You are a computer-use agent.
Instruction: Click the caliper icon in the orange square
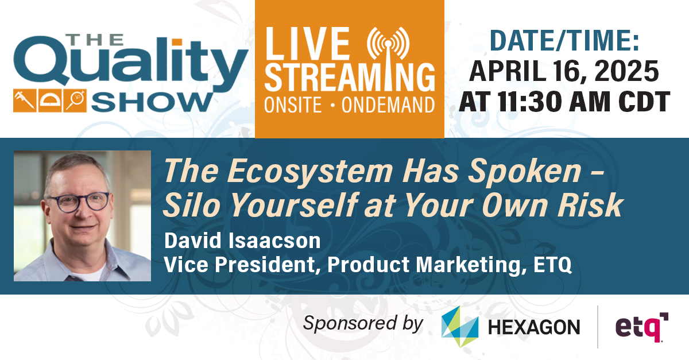pos(24,101)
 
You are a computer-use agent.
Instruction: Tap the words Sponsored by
pos(363,323)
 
